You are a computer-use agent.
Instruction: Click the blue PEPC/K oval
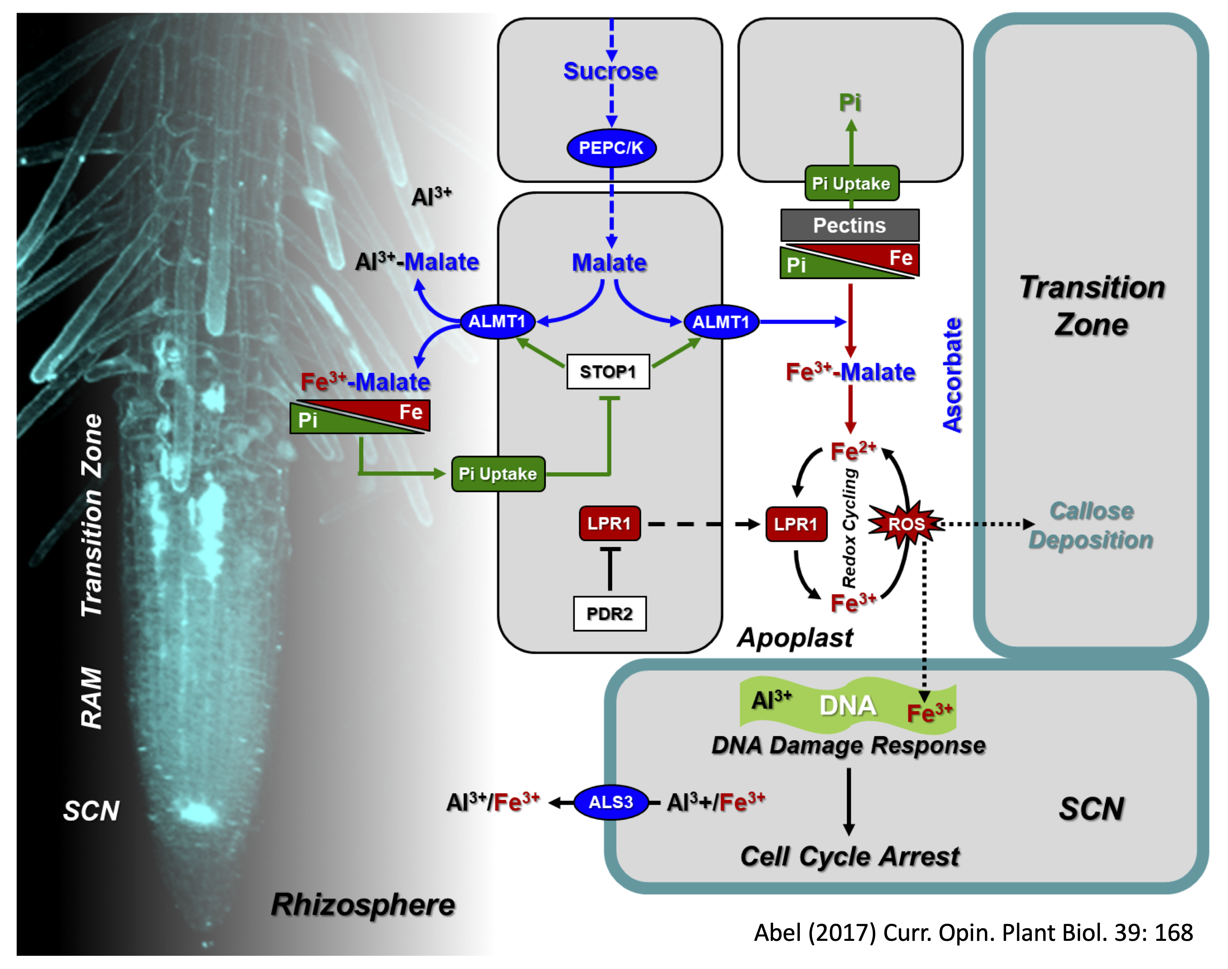tap(611, 148)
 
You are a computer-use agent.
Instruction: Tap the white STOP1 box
tap(608, 372)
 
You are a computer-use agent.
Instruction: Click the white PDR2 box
tap(609, 613)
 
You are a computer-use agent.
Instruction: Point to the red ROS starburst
tap(906, 524)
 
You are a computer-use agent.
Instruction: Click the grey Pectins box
tap(849, 225)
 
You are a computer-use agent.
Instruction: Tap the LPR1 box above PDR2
tap(609, 523)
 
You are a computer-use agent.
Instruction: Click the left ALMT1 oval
tap(497, 322)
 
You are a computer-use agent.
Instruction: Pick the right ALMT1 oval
tap(721, 322)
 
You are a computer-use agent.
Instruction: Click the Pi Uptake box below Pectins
tap(852, 183)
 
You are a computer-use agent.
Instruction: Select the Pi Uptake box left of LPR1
tap(498, 474)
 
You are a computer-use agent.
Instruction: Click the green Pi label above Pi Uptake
tap(850, 103)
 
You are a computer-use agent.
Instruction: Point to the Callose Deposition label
tap(1091, 526)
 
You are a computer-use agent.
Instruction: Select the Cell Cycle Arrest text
tap(849, 856)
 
